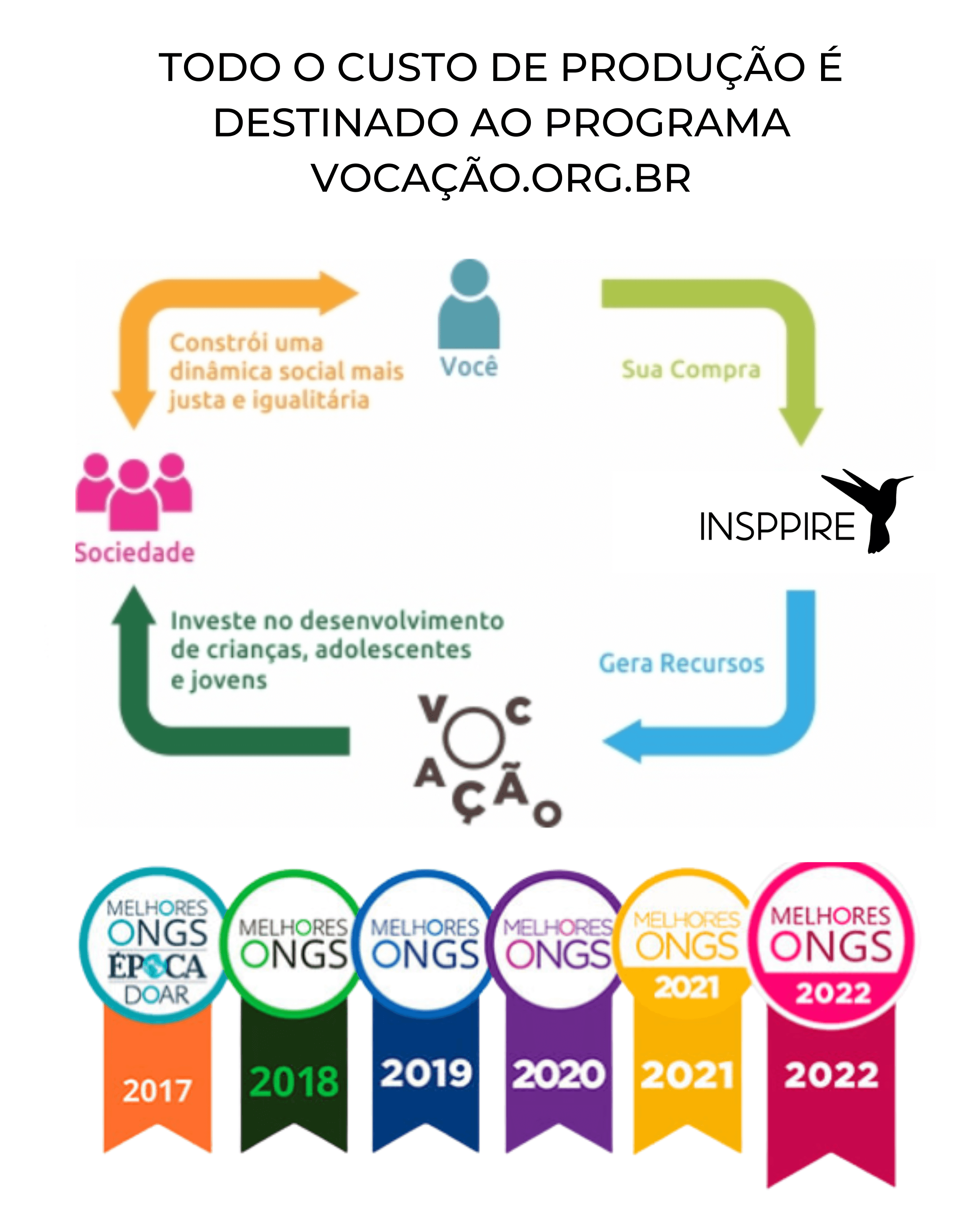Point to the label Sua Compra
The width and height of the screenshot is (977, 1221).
tap(690, 369)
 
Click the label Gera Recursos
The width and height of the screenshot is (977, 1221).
tap(681, 663)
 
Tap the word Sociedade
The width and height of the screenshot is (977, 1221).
tap(135, 553)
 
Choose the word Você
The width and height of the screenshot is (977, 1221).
tap(469, 366)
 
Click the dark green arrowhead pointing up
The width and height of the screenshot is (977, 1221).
tap(134, 606)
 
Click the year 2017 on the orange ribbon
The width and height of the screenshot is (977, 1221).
tap(158, 1090)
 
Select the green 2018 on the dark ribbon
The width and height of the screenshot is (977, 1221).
tap(294, 1081)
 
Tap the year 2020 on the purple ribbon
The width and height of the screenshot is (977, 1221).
tap(559, 1074)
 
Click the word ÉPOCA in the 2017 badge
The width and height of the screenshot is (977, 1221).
tap(157, 967)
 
